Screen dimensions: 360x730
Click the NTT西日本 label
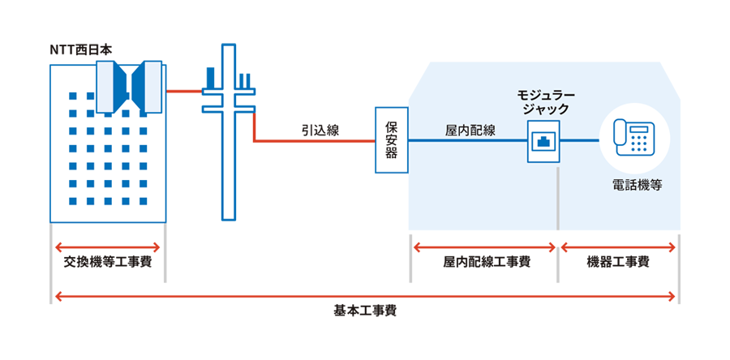[x=80, y=50]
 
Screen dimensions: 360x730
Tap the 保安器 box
[x=391, y=139]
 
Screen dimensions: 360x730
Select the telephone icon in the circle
[x=634, y=135]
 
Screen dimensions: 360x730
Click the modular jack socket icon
[x=543, y=141]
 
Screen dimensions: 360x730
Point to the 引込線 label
[x=320, y=129]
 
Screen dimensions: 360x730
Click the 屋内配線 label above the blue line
[x=471, y=129]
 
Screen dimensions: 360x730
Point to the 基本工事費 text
[x=364, y=311]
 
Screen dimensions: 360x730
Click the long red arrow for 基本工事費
[x=364, y=296]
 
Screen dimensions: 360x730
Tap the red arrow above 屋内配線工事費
[x=484, y=246]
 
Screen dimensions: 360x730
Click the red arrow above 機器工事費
[x=618, y=246]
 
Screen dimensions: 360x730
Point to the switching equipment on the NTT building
[x=131, y=84]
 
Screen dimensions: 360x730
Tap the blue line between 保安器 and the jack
[x=466, y=141]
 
